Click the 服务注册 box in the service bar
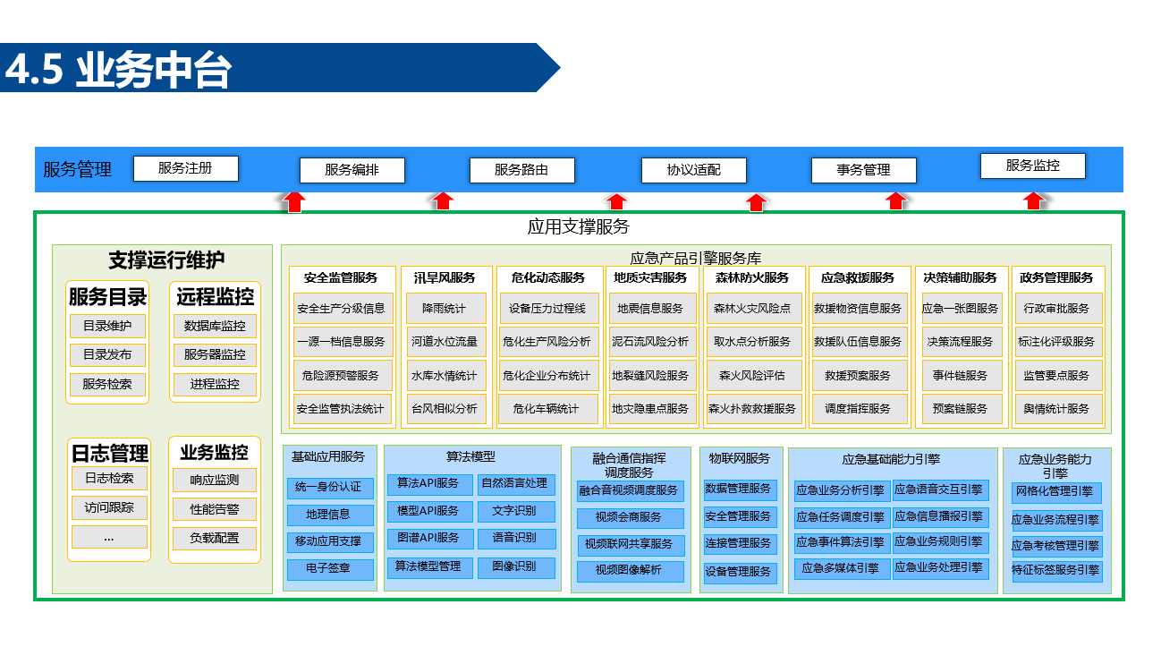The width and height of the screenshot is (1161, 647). pos(185,168)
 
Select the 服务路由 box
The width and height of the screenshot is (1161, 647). pos(521,170)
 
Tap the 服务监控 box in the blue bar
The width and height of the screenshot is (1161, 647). pos(1033,166)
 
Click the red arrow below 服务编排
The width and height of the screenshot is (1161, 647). pos(292,201)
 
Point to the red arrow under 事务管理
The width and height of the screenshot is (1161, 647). pos(895,201)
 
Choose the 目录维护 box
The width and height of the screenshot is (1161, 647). pos(107,326)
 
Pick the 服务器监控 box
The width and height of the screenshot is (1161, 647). pos(215,354)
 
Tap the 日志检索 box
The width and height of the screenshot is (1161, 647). pos(109,478)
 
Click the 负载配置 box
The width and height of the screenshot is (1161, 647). pos(215,539)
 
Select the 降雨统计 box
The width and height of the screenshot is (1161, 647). pos(445,308)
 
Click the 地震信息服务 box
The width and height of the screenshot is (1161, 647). pos(650,308)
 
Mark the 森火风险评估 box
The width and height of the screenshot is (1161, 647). pos(752,375)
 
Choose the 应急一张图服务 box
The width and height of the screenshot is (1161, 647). pos(961,308)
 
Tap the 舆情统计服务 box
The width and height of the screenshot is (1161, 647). pos(1056,409)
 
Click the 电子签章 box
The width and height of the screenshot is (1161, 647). pos(328,568)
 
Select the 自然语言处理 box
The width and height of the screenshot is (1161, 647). pos(513,484)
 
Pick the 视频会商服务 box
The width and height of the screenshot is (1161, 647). pos(630,517)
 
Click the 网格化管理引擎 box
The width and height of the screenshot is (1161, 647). pos(1056,491)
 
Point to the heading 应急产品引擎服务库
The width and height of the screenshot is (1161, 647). pos(696,258)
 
